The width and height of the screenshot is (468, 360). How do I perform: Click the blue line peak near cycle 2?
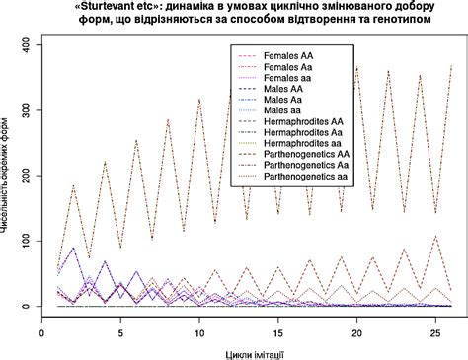[x=73, y=249]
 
